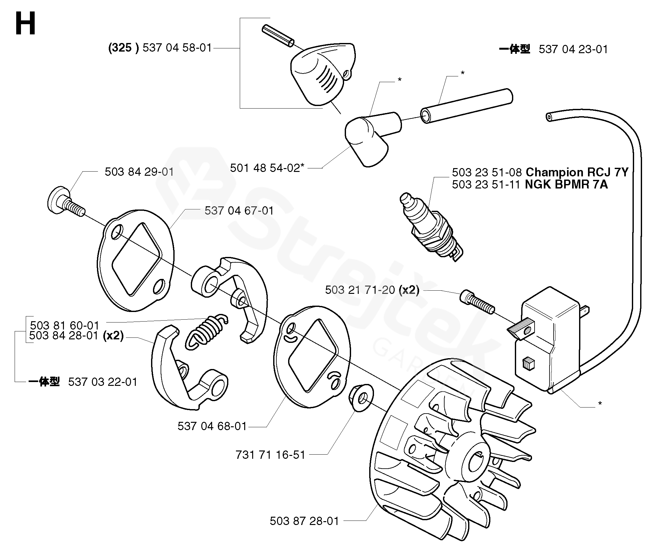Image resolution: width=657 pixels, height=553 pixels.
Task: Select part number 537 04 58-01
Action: (177, 48)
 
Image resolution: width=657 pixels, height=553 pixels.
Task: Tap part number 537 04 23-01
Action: (573, 49)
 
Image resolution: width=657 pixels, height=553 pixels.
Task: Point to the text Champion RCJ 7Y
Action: (577, 172)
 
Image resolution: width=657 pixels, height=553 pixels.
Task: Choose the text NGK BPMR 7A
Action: (566, 185)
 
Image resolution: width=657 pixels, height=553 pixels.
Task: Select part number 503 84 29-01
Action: (139, 172)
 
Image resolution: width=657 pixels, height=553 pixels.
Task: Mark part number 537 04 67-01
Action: (239, 211)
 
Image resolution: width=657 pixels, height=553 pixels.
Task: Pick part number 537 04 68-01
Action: (212, 426)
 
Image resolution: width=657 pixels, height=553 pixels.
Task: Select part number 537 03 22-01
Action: (102, 382)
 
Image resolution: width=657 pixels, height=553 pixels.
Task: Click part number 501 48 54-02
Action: (265, 168)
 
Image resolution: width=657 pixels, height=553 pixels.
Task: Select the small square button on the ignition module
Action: (527, 363)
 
